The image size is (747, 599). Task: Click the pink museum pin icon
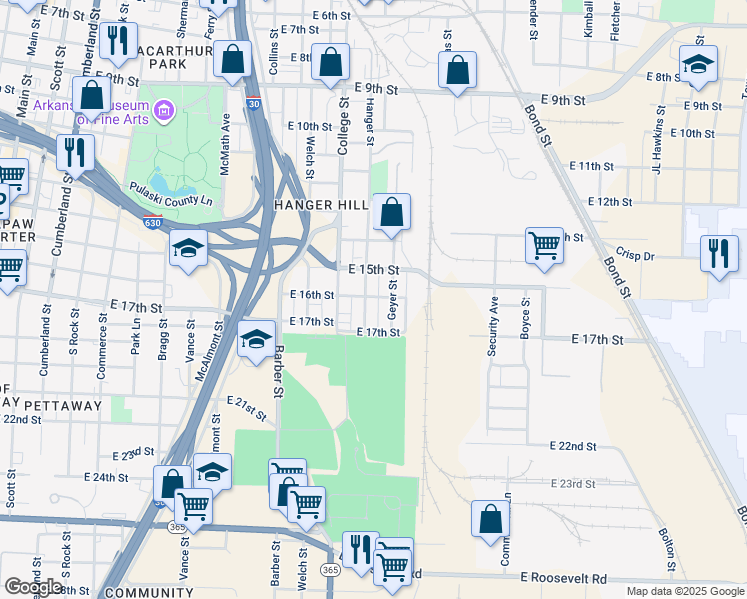(x=165, y=108)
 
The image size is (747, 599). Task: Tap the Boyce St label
(x=525, y=317)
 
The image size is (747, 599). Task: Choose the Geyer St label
(x=394, y=300)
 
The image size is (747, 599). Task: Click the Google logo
(x=33, y=587)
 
